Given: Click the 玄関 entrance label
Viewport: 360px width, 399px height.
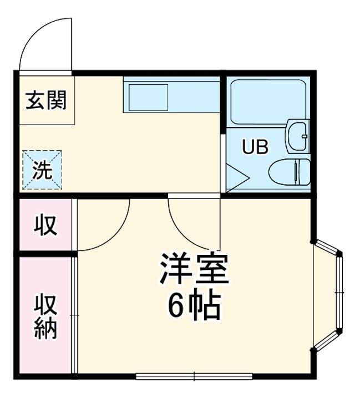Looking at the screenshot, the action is [x=46, y=100].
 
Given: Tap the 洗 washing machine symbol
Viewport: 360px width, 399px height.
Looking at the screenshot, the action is [x=42, y=170].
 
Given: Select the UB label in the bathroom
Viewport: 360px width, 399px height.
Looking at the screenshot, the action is [x=255, y=147].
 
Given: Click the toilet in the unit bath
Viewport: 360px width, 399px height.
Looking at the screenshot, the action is [x=290, y=172].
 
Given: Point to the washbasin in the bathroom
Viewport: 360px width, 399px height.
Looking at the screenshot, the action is [x=298, y=136].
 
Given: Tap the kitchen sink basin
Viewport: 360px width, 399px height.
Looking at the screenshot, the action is [x=148, y=97].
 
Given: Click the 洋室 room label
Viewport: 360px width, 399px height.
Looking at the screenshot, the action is [x=194, y=269].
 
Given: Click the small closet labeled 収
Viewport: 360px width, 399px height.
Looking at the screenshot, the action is [x=46, y=224].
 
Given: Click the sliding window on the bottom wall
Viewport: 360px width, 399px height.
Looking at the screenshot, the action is [x=194, y=376].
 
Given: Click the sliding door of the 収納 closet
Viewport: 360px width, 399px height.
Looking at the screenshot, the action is [x=74, y=315].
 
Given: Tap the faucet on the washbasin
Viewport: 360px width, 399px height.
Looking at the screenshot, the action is [x=304, y=136].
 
